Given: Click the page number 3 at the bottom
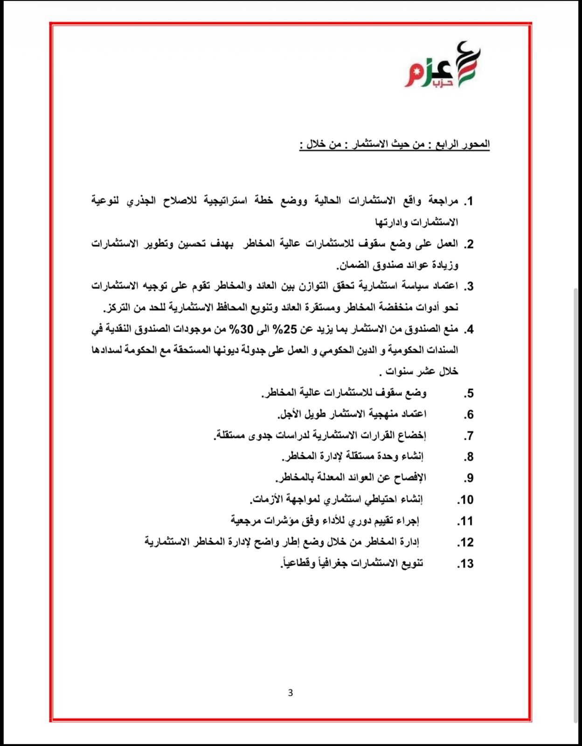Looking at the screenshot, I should [291, 693].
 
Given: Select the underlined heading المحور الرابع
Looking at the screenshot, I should [394, 145].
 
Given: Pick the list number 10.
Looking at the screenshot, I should [465, 500].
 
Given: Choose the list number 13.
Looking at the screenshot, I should [465, 564].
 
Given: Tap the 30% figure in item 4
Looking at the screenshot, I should [240, 330].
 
